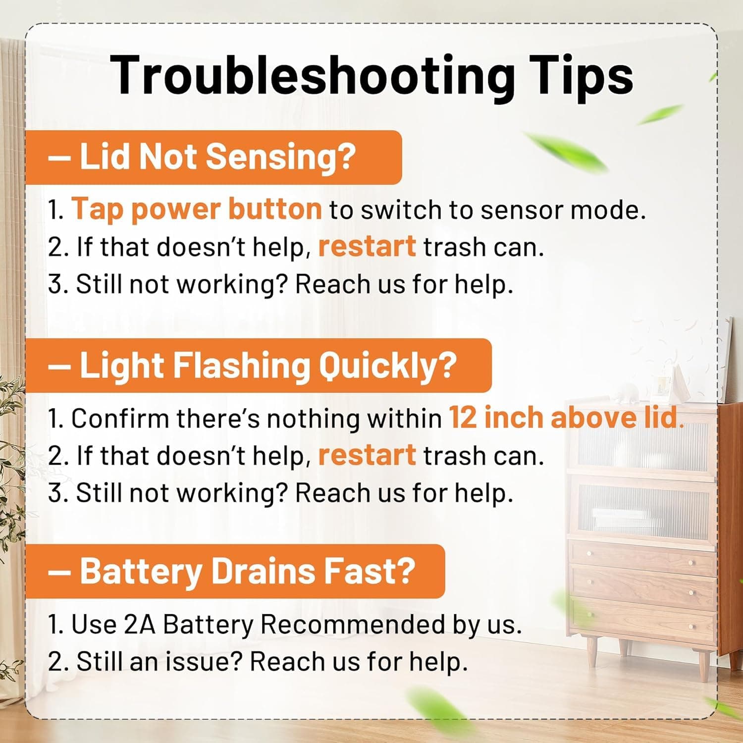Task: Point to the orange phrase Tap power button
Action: point(197,209)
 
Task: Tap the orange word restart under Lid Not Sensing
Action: point(367,246)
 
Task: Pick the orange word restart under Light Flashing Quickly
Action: point(367,455)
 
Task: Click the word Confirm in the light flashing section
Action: point(120,418)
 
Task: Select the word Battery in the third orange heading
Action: point(141,572)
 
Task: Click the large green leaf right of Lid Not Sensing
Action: point(565,150)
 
